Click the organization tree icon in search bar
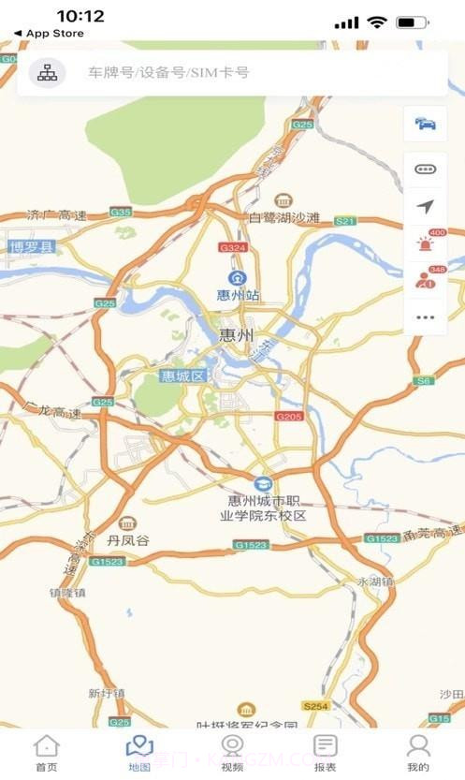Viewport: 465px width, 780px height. point(47,72)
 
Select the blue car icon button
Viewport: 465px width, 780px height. point(426,124)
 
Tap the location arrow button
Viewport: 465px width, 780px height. point(426,207)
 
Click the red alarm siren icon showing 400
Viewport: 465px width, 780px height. point(426,243)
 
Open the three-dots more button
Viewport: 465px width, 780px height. point(426,317)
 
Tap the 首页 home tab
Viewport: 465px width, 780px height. point(46,752)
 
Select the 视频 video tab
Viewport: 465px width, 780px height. point(232,752)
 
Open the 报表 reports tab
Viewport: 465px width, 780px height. point(325,752)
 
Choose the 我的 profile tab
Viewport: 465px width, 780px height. point(418,752)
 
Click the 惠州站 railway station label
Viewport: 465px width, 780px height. point(238,295)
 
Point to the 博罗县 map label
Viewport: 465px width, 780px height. point(33,248)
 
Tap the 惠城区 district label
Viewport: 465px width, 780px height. point(182,376)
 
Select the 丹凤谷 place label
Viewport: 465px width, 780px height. point(128,540)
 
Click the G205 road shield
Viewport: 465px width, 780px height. point(289,416)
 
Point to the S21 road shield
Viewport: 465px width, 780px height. point(345,221)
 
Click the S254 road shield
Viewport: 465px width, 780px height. point(315,704)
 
